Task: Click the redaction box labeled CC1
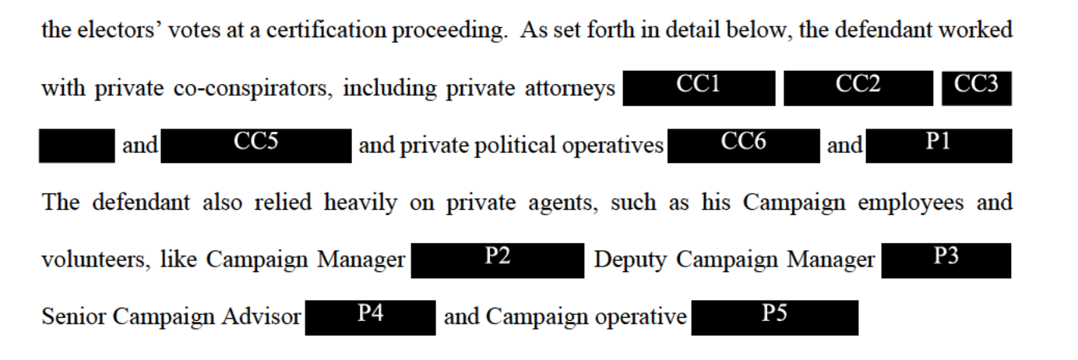(699, 88)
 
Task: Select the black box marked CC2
(858, 88)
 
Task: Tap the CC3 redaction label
(976, 88)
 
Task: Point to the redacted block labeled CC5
(256, 146)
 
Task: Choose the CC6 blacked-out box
(743, 146)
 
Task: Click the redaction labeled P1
(938, 146)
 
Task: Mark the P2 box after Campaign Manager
(497, 260)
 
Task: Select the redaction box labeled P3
(946, 260)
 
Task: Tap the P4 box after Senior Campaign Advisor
(370, 317)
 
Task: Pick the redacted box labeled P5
(774, 317)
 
